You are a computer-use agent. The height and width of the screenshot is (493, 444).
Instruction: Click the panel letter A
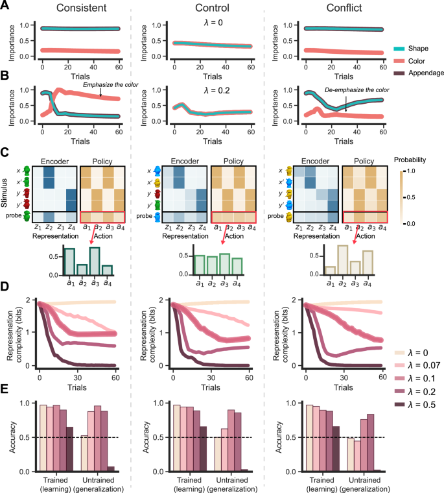5,6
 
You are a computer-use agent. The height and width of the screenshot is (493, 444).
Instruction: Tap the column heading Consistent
82,8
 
